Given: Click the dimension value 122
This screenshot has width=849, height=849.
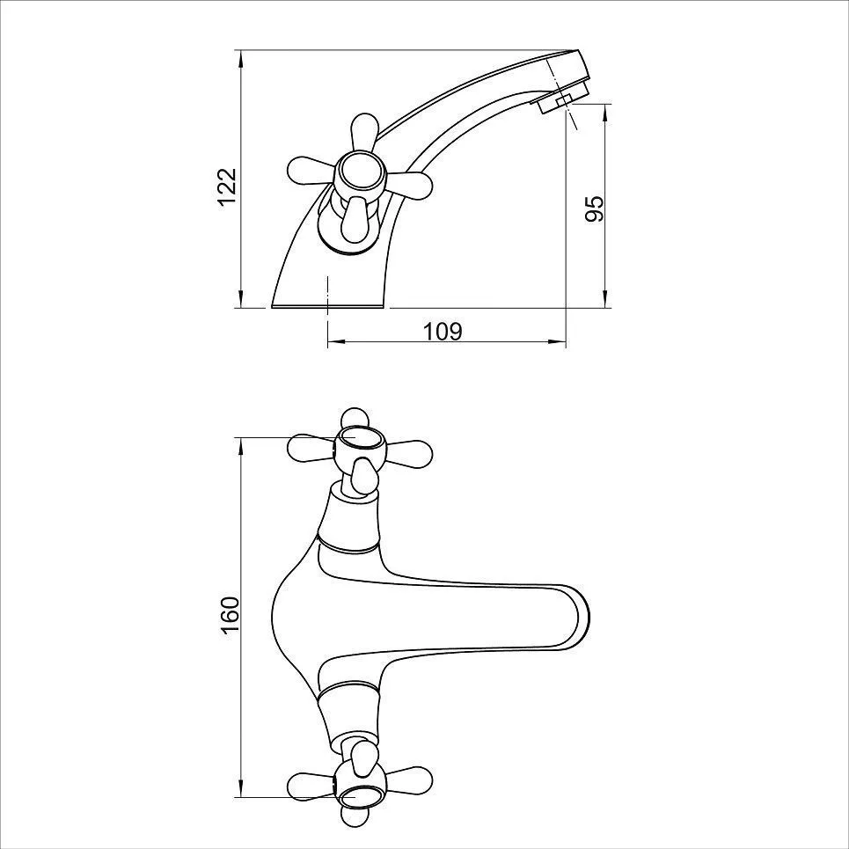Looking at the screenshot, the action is point(228,187).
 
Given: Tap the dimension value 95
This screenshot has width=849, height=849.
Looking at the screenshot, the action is point(594,209).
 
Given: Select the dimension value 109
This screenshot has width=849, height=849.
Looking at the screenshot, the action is point(443,332).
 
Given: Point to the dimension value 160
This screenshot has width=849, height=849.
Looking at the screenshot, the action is point(231,616).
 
